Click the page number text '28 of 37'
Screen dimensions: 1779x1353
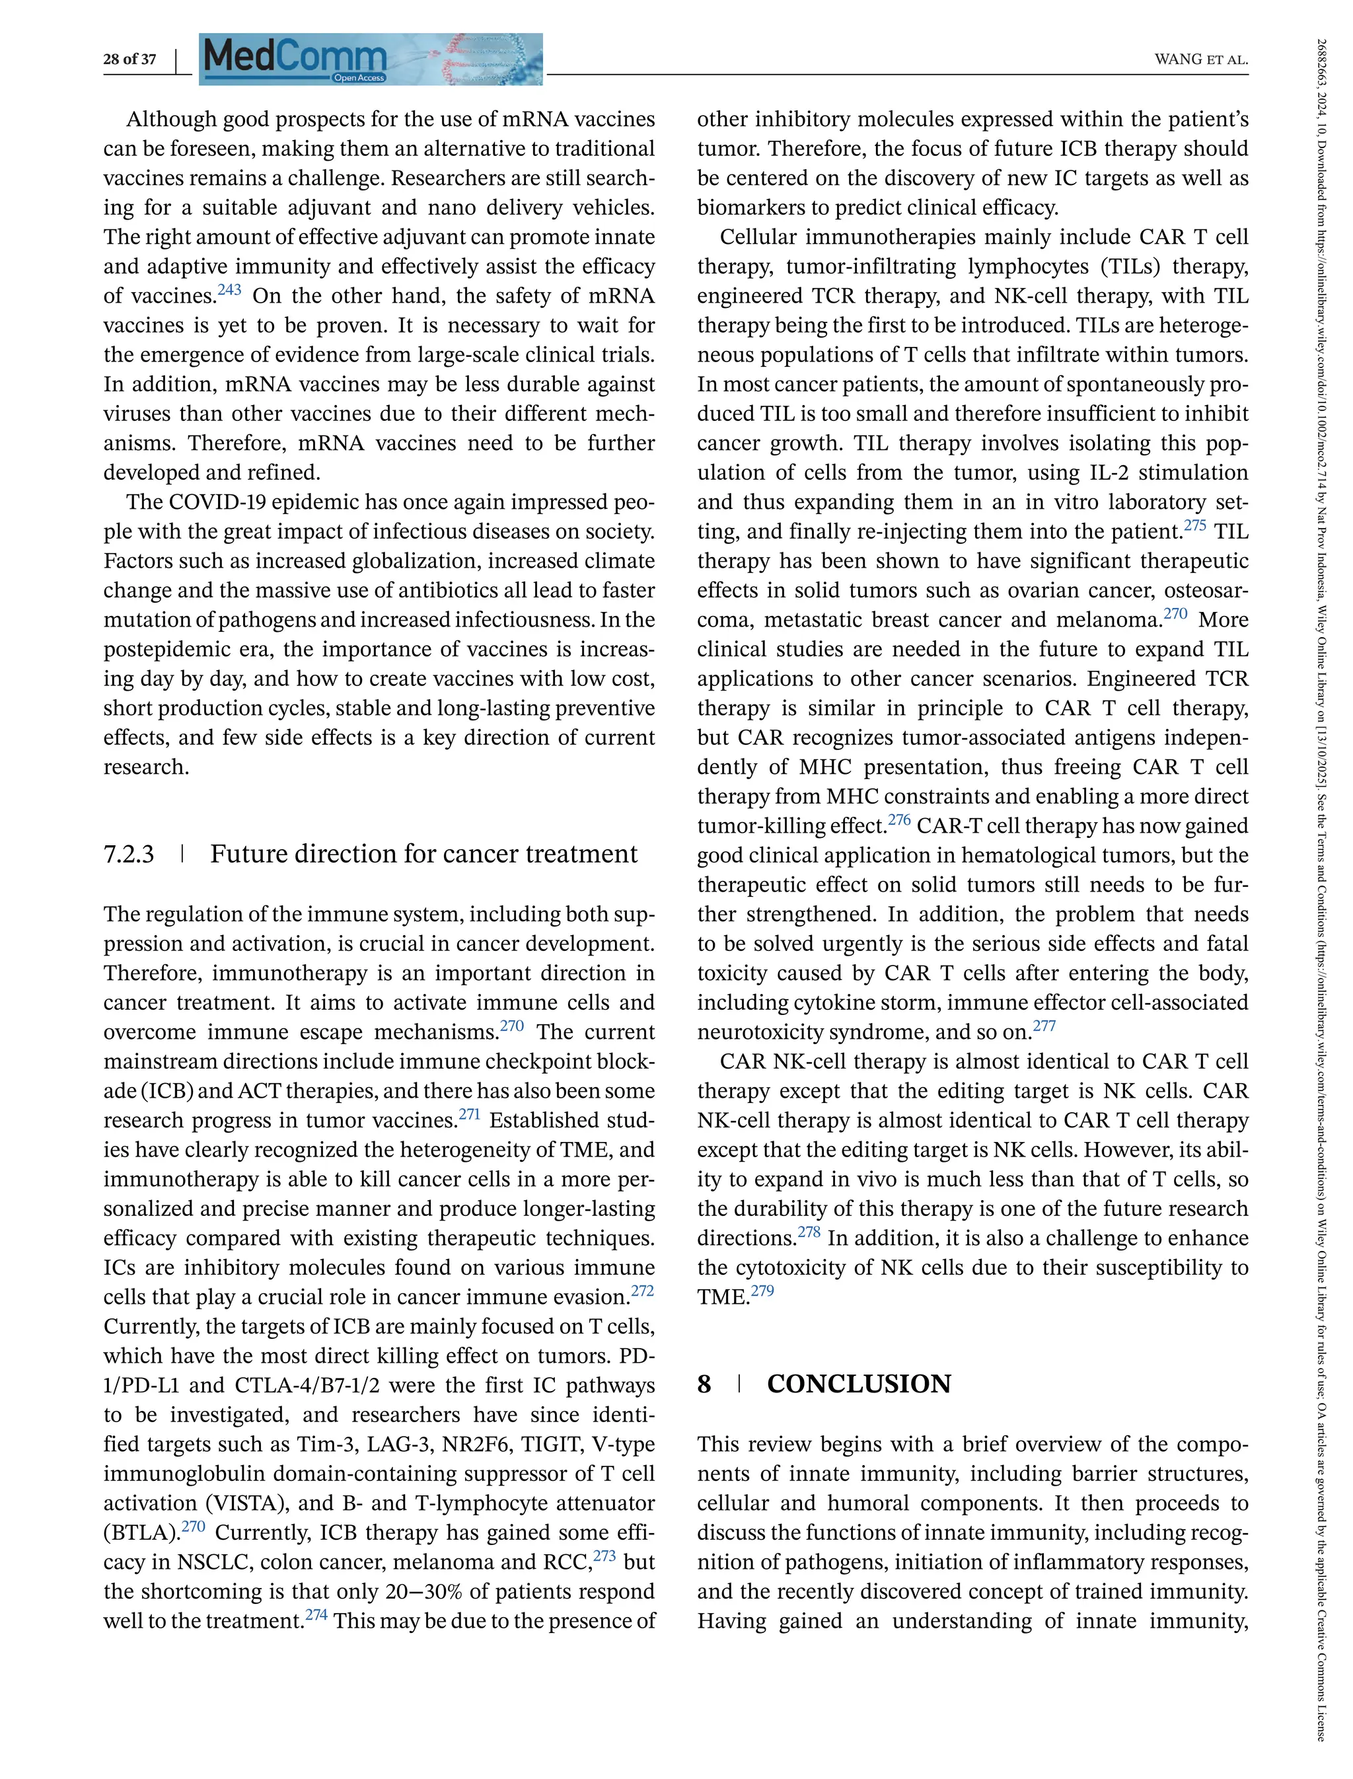click(129, 59)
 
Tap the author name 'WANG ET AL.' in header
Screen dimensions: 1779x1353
click(1201, 59)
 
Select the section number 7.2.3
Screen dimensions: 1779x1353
click(129, 854)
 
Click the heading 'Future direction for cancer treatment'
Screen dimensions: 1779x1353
click(423, 854)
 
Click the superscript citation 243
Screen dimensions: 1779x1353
click(229, 290)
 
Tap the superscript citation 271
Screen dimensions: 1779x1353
click(468, 1114)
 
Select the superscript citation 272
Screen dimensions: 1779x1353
click(642, 1291)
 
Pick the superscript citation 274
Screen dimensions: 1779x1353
click(316, 1614)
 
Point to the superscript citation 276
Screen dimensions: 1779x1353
click(898, 820)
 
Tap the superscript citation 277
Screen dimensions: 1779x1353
click(1044, 1026)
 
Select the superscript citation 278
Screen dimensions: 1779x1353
click(809, 1232)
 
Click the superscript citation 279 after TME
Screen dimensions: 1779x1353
click(762, 1291)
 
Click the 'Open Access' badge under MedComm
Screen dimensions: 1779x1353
click(359, 78)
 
